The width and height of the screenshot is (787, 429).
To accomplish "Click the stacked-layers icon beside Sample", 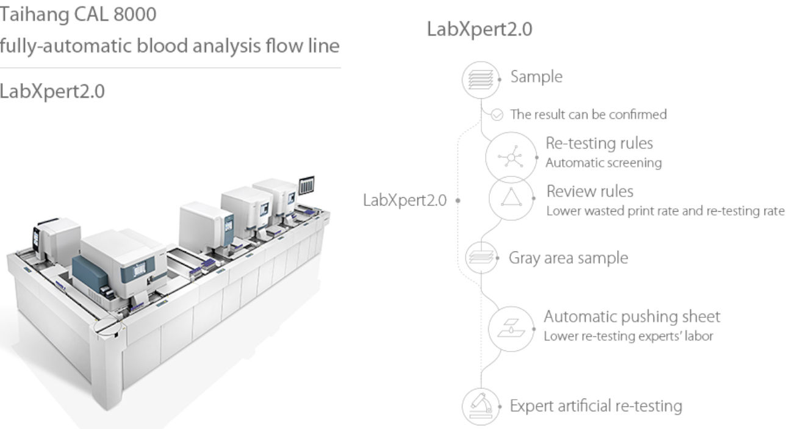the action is (481, 80).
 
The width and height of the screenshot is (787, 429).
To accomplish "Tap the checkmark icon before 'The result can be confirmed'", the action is (497, 115).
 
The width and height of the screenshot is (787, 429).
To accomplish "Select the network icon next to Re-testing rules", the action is (511, 157).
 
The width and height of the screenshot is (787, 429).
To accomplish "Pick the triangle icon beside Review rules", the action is (511, 198).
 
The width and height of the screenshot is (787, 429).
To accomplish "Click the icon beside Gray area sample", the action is (481, 258).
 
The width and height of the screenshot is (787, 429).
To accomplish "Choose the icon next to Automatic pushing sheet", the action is (511, 329).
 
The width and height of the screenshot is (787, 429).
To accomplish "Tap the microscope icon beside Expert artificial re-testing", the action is (481, 406).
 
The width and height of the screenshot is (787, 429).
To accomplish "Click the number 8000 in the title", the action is (135, 15).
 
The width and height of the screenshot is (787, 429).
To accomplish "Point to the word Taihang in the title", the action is (34, 15).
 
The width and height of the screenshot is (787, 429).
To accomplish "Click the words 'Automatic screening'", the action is (603, 163).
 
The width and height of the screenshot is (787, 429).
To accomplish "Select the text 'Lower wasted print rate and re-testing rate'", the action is (666, 211).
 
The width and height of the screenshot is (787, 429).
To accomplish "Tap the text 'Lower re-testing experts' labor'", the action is (628, 336).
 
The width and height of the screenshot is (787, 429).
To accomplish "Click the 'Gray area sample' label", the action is (569, 258).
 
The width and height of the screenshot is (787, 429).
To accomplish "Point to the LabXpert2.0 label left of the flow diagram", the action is (404, 200).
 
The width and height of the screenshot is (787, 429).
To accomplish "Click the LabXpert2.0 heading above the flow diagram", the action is (480, 29).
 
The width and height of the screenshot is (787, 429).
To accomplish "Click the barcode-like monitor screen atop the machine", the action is (306, 185).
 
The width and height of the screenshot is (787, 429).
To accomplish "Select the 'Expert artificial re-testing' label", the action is (596, 406).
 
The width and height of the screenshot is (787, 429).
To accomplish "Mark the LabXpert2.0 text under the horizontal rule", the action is (52, 92).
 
